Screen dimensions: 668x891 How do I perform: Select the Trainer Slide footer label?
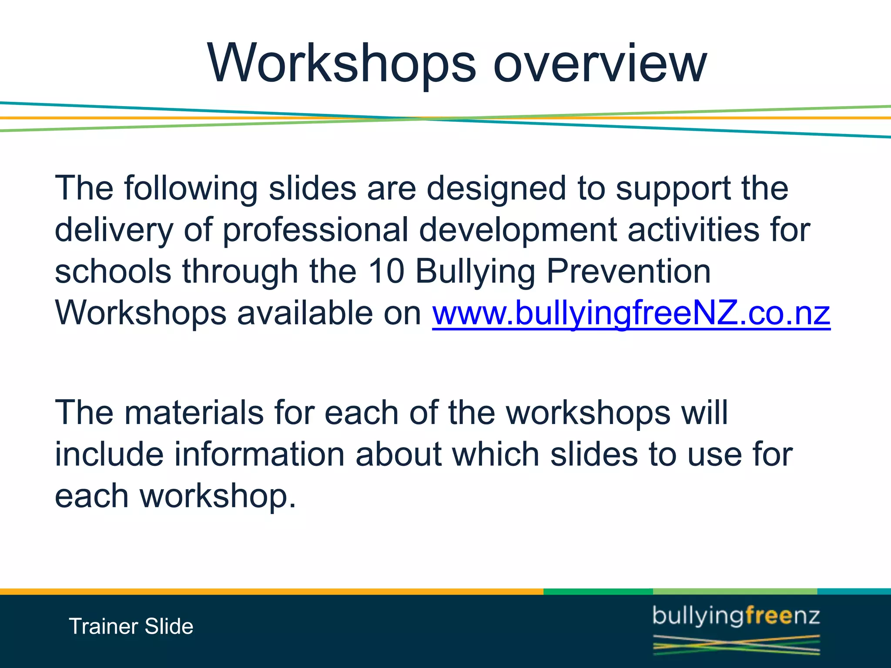(x=131, y=627)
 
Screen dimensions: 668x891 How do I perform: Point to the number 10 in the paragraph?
(x=386, y=271)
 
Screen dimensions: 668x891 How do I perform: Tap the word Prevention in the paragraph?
(x=628, y=271)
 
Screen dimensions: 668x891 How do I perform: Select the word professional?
(x=315, y=230)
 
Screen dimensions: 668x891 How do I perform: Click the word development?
(x=517, y=230)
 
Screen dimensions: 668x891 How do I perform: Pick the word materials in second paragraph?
(x=194, y=412)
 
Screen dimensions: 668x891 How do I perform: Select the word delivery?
(x=114, y=230)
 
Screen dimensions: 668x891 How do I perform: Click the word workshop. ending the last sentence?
(x=218, y=496)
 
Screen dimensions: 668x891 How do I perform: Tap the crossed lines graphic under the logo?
(x=736, y=645)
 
